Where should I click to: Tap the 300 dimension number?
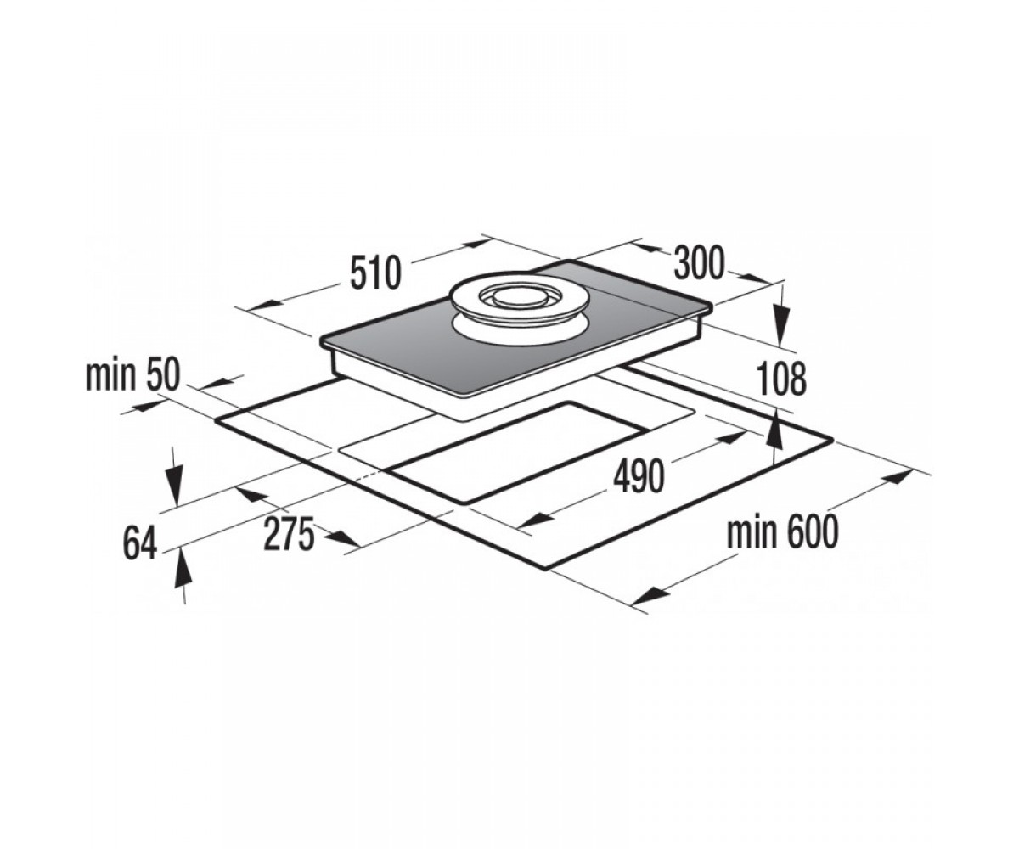(x=700, y=263)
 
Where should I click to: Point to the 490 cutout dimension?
(x=639, y=477)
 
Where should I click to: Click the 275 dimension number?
(x=289, y=534)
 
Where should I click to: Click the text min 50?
(x=132, y=376)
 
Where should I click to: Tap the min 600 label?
(x=782, y=533)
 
